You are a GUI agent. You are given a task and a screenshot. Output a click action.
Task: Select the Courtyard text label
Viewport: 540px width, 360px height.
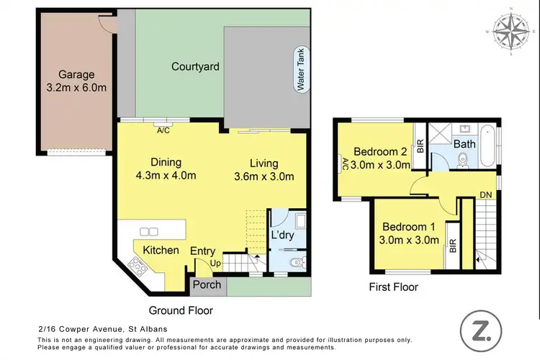(195, 67)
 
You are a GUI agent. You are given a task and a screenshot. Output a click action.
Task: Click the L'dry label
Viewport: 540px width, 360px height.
(282, 235)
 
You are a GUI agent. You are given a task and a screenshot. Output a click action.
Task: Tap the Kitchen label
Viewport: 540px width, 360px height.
(161, 250)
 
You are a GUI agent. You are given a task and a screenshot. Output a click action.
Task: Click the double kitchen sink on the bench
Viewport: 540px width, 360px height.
(149, 231)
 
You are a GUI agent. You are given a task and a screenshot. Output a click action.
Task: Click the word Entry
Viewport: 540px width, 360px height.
(202, 251)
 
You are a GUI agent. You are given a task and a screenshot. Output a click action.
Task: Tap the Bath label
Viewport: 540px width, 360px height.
(464, 144)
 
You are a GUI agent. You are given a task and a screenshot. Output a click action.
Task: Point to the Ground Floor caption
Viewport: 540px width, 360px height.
(180, 310)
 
